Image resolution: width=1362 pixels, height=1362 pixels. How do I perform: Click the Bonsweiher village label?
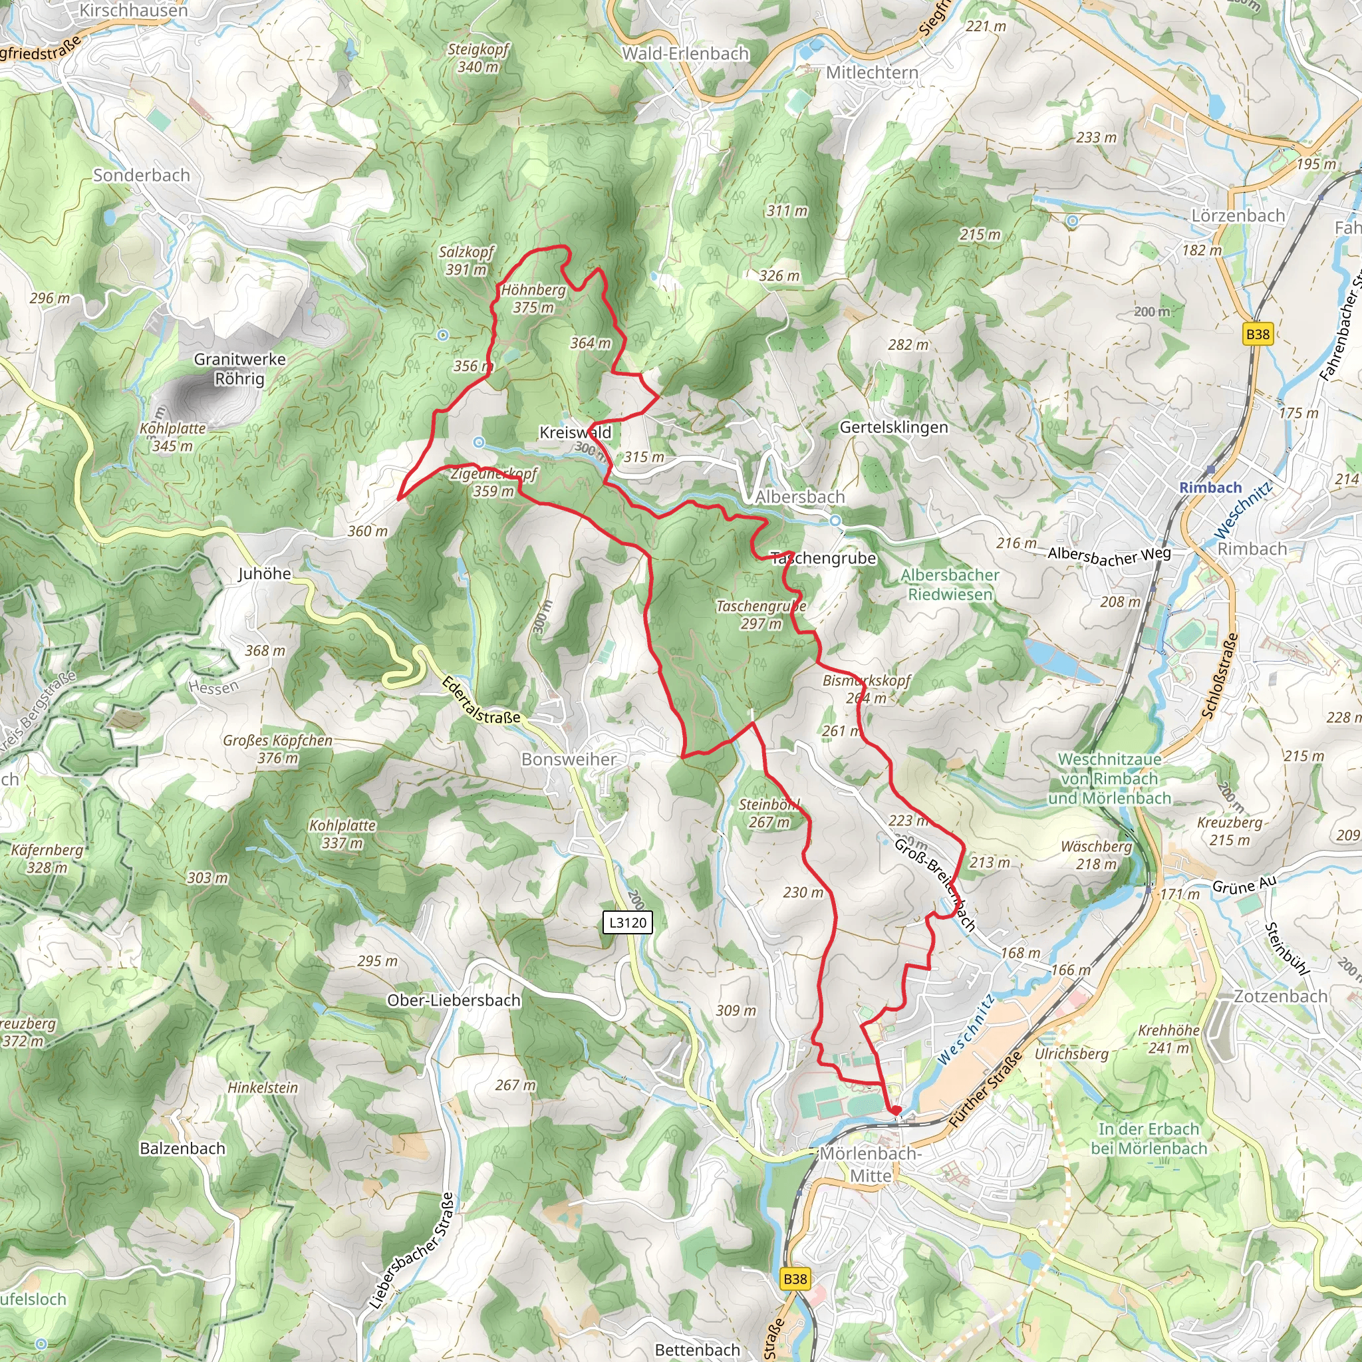coord(568,759)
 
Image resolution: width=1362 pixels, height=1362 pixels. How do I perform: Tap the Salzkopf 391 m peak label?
coord(466,261)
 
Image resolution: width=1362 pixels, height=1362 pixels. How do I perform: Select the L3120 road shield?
coord(627,922)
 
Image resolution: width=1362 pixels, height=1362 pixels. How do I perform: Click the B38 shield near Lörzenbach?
coord(1258,334)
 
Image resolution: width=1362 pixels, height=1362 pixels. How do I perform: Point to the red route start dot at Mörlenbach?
coord(896,1111)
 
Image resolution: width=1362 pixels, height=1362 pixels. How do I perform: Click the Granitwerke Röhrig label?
coord(239,368)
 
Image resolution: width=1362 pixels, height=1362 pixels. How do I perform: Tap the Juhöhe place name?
coord(265,574)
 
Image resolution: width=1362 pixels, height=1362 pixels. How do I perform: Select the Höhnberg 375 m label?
coord(533,299)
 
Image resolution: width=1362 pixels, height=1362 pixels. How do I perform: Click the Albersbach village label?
coord(799,497)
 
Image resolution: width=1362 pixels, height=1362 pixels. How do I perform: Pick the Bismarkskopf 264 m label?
coord(867,689)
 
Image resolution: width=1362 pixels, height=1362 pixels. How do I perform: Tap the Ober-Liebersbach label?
coord(454,1000)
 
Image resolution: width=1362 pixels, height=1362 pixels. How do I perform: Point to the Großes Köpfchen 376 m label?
coord(277,749)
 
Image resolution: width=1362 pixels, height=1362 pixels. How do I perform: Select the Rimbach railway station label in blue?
coord(1210,487)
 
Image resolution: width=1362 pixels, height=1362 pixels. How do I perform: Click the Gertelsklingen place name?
coord(893,427)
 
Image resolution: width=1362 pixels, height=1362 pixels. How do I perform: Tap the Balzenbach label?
coord(183,1149)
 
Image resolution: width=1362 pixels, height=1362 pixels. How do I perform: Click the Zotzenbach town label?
coord(1280,996)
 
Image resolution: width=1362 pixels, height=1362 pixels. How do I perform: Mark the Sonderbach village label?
coord(142,175)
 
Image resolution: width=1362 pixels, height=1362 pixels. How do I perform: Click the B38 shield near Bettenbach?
coord(795,1279)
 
